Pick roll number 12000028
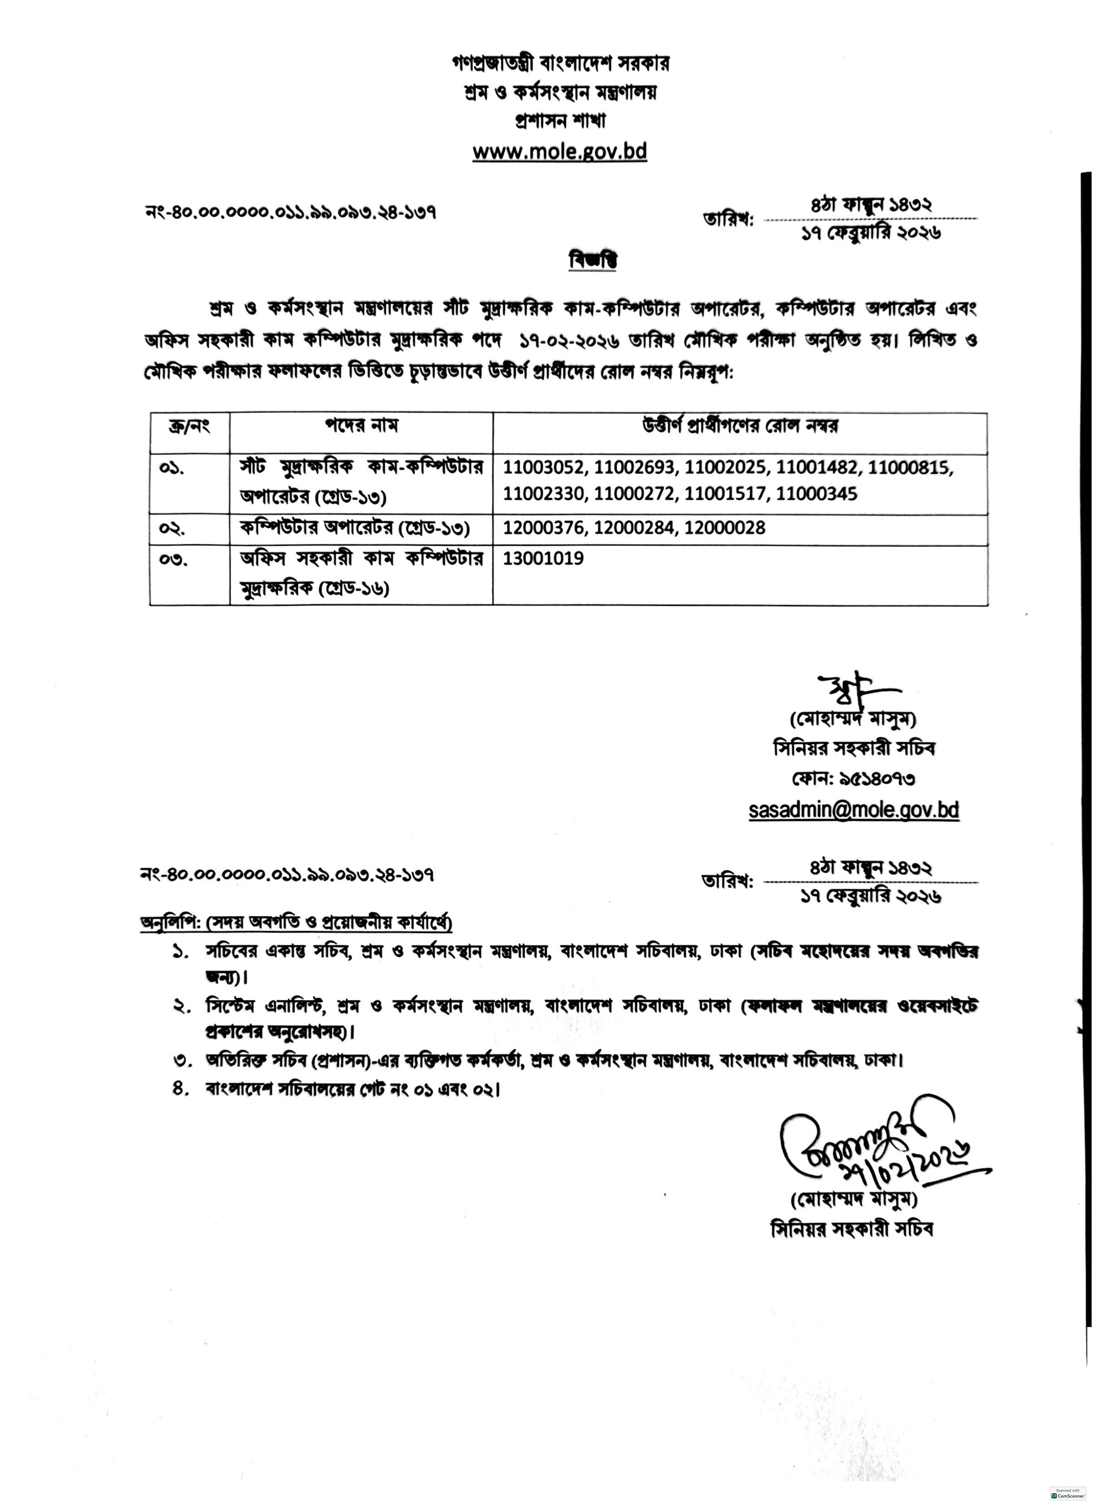coord(725,528)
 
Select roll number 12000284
coord(635,528)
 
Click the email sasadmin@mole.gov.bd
coord(853,810)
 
